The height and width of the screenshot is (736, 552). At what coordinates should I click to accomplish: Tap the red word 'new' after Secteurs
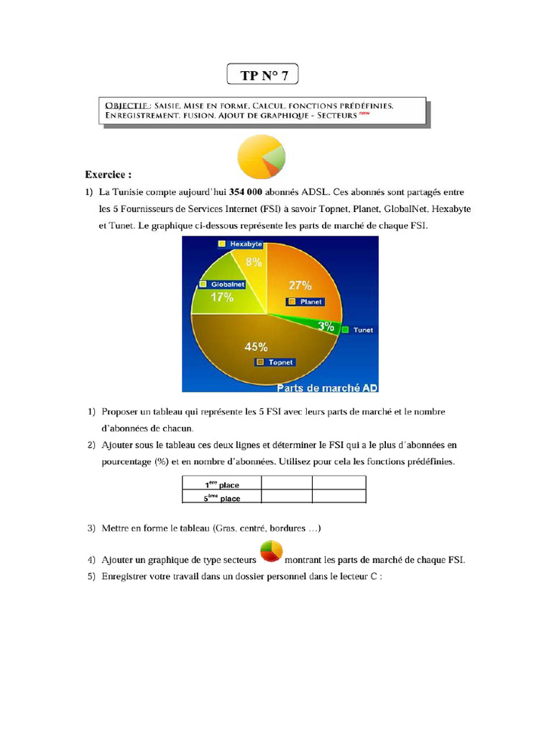pyautogui.click(x=364, y=113)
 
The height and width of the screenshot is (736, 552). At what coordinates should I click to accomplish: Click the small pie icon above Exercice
pyautogui.click(x=262, y=159)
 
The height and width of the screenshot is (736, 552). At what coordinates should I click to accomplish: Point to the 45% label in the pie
pyautogui.click(x=257, y=346)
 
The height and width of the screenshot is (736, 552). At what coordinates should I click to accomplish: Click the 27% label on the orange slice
pyautogui.click(x=300, y=285)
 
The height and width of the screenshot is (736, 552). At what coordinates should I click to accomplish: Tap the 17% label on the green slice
pyautogui.click(x=221, y=297)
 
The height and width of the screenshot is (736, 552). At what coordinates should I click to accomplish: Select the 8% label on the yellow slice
pyautogui.click(x=254, y=262)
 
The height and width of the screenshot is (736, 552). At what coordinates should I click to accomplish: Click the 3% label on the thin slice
pyautogui.click(x=326, y=326)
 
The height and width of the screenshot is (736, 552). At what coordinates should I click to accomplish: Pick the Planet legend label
pyautogui.click(x=309, y=302)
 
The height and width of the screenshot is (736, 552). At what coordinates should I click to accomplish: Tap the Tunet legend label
pyautogui.click(x=363, y=330)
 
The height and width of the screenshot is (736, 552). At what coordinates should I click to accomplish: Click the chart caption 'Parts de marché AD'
pyautogui.click(x=327, y=387)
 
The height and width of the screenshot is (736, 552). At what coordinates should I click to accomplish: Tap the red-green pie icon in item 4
pyautogui.click(x=271, y=552)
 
